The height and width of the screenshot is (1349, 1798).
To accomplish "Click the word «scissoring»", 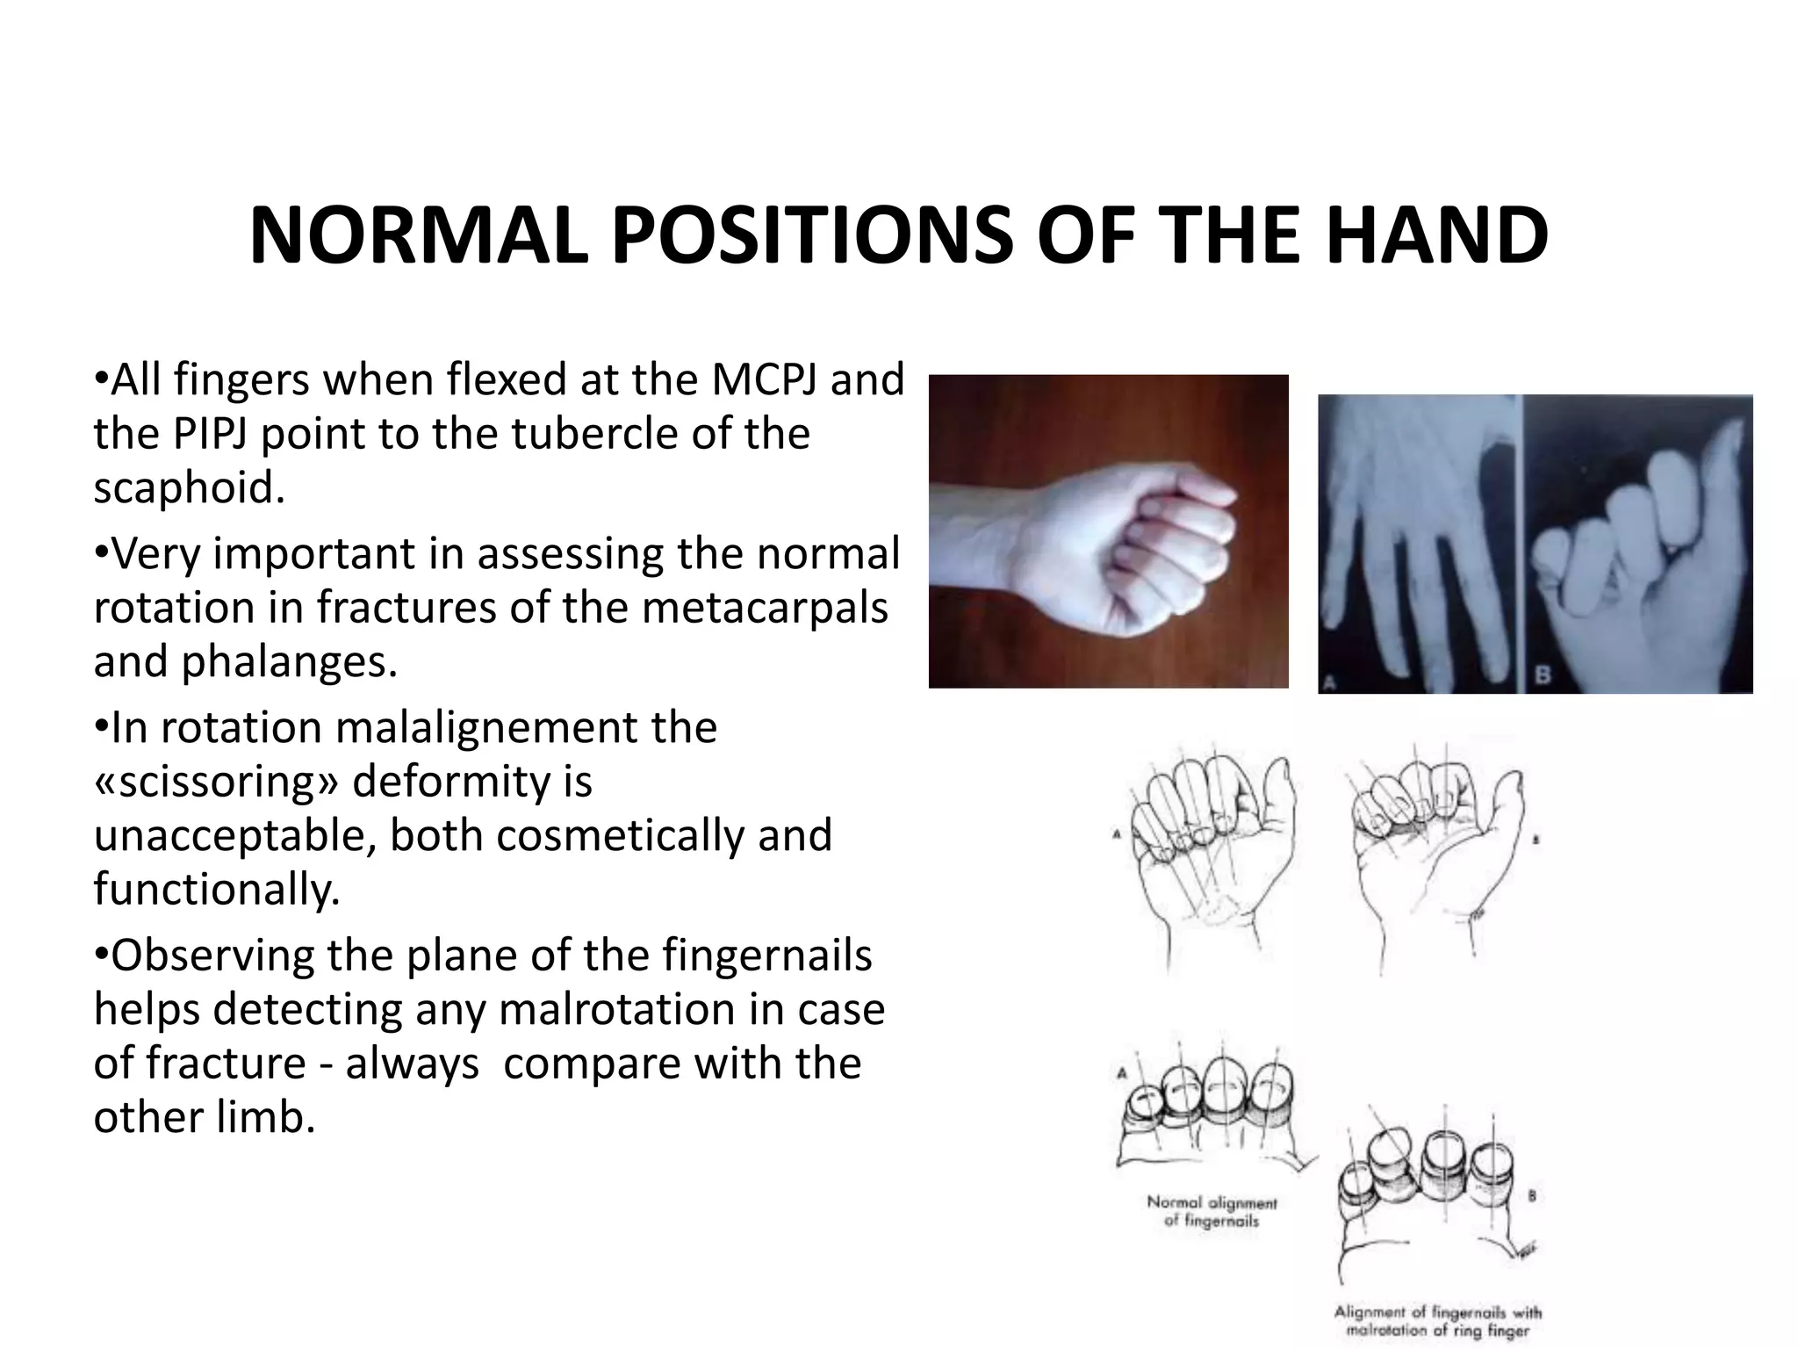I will pos(215,782).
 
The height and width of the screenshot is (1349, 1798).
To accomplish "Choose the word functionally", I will pos(216,889).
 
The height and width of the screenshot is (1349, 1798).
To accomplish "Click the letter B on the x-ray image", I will pos(1543,675).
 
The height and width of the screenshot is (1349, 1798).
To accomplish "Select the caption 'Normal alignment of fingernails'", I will pos(1212,1212).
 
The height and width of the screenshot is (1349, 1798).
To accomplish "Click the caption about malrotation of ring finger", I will pos(1437,1321).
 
